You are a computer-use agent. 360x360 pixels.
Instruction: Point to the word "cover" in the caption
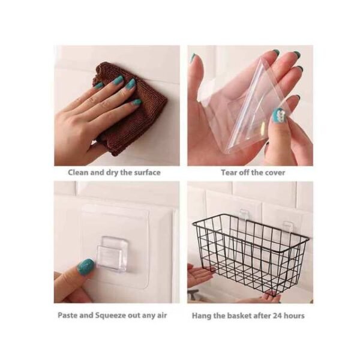273,173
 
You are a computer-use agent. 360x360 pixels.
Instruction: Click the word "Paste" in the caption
69,315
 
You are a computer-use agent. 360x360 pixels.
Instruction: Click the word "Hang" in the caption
202,315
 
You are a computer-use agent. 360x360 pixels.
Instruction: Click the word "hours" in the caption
295,315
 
